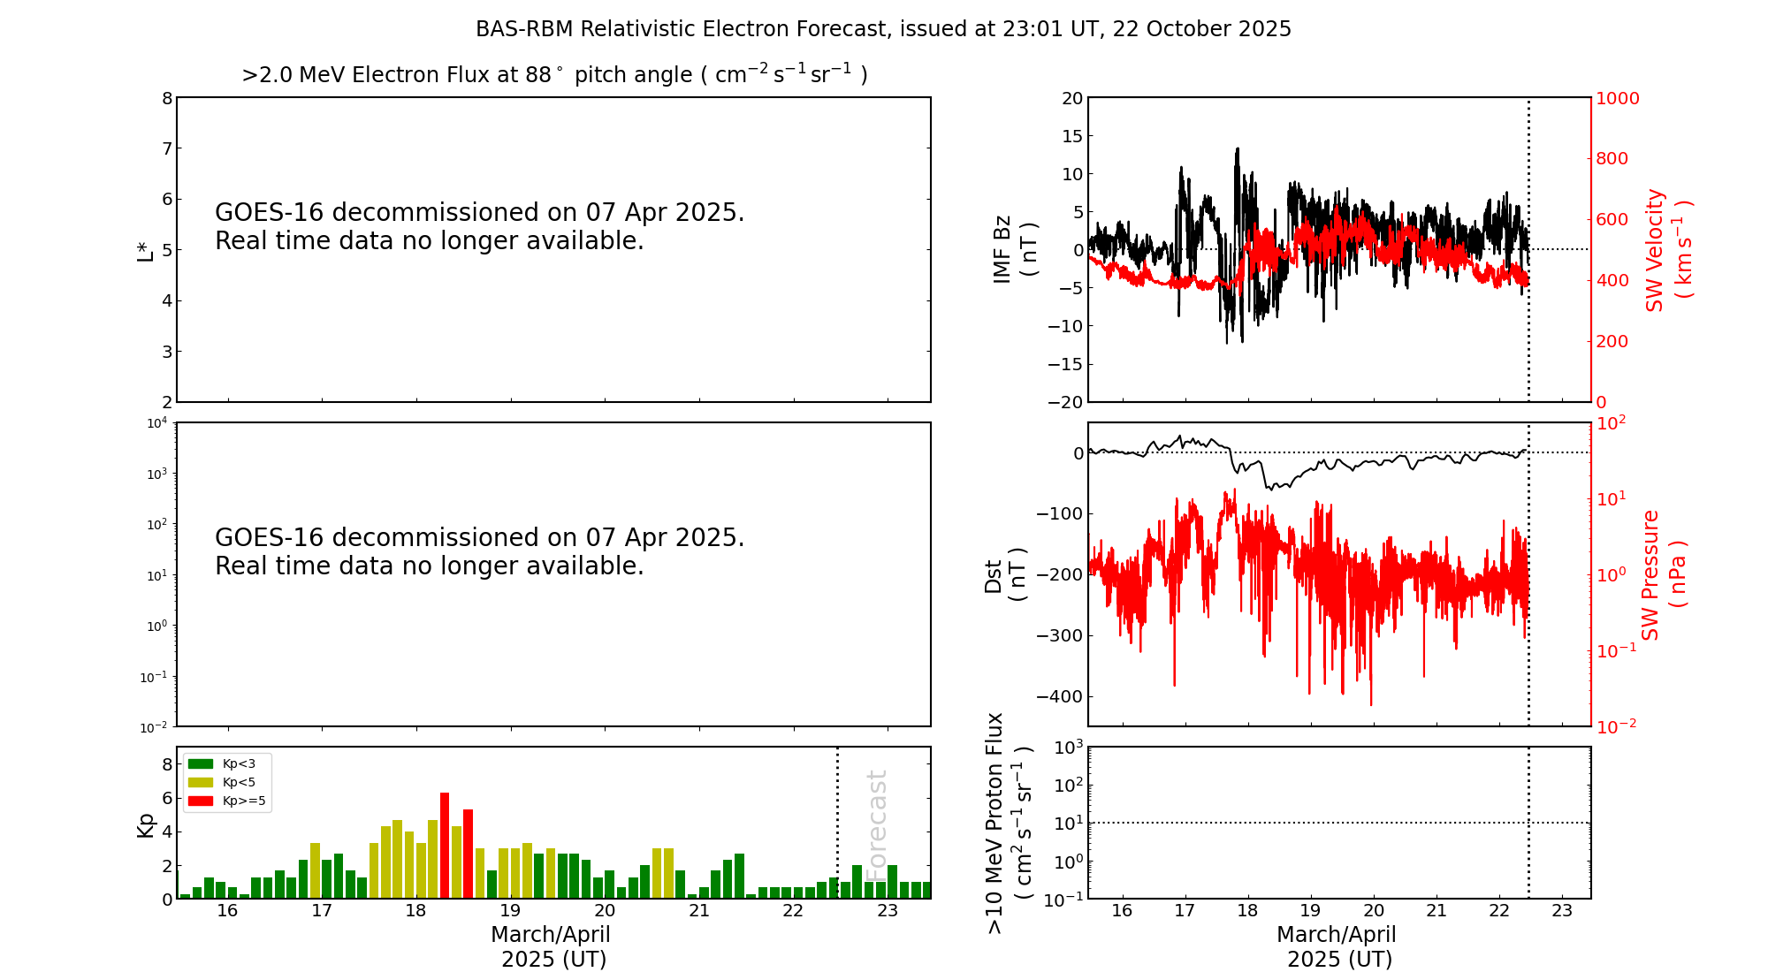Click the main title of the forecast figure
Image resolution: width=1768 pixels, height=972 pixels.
883,29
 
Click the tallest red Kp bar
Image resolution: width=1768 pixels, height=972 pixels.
445,845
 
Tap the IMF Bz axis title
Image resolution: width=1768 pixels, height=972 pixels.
1015,249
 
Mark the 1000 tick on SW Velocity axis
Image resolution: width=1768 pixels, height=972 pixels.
1617,98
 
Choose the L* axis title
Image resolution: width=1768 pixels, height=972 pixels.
146,250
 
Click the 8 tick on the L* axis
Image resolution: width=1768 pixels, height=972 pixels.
167,98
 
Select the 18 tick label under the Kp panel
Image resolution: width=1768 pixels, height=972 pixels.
415,911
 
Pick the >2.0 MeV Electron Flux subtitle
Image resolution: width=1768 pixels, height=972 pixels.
554,75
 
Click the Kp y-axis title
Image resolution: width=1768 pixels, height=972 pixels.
146,824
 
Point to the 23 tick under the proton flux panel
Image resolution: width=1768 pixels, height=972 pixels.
1562,911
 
